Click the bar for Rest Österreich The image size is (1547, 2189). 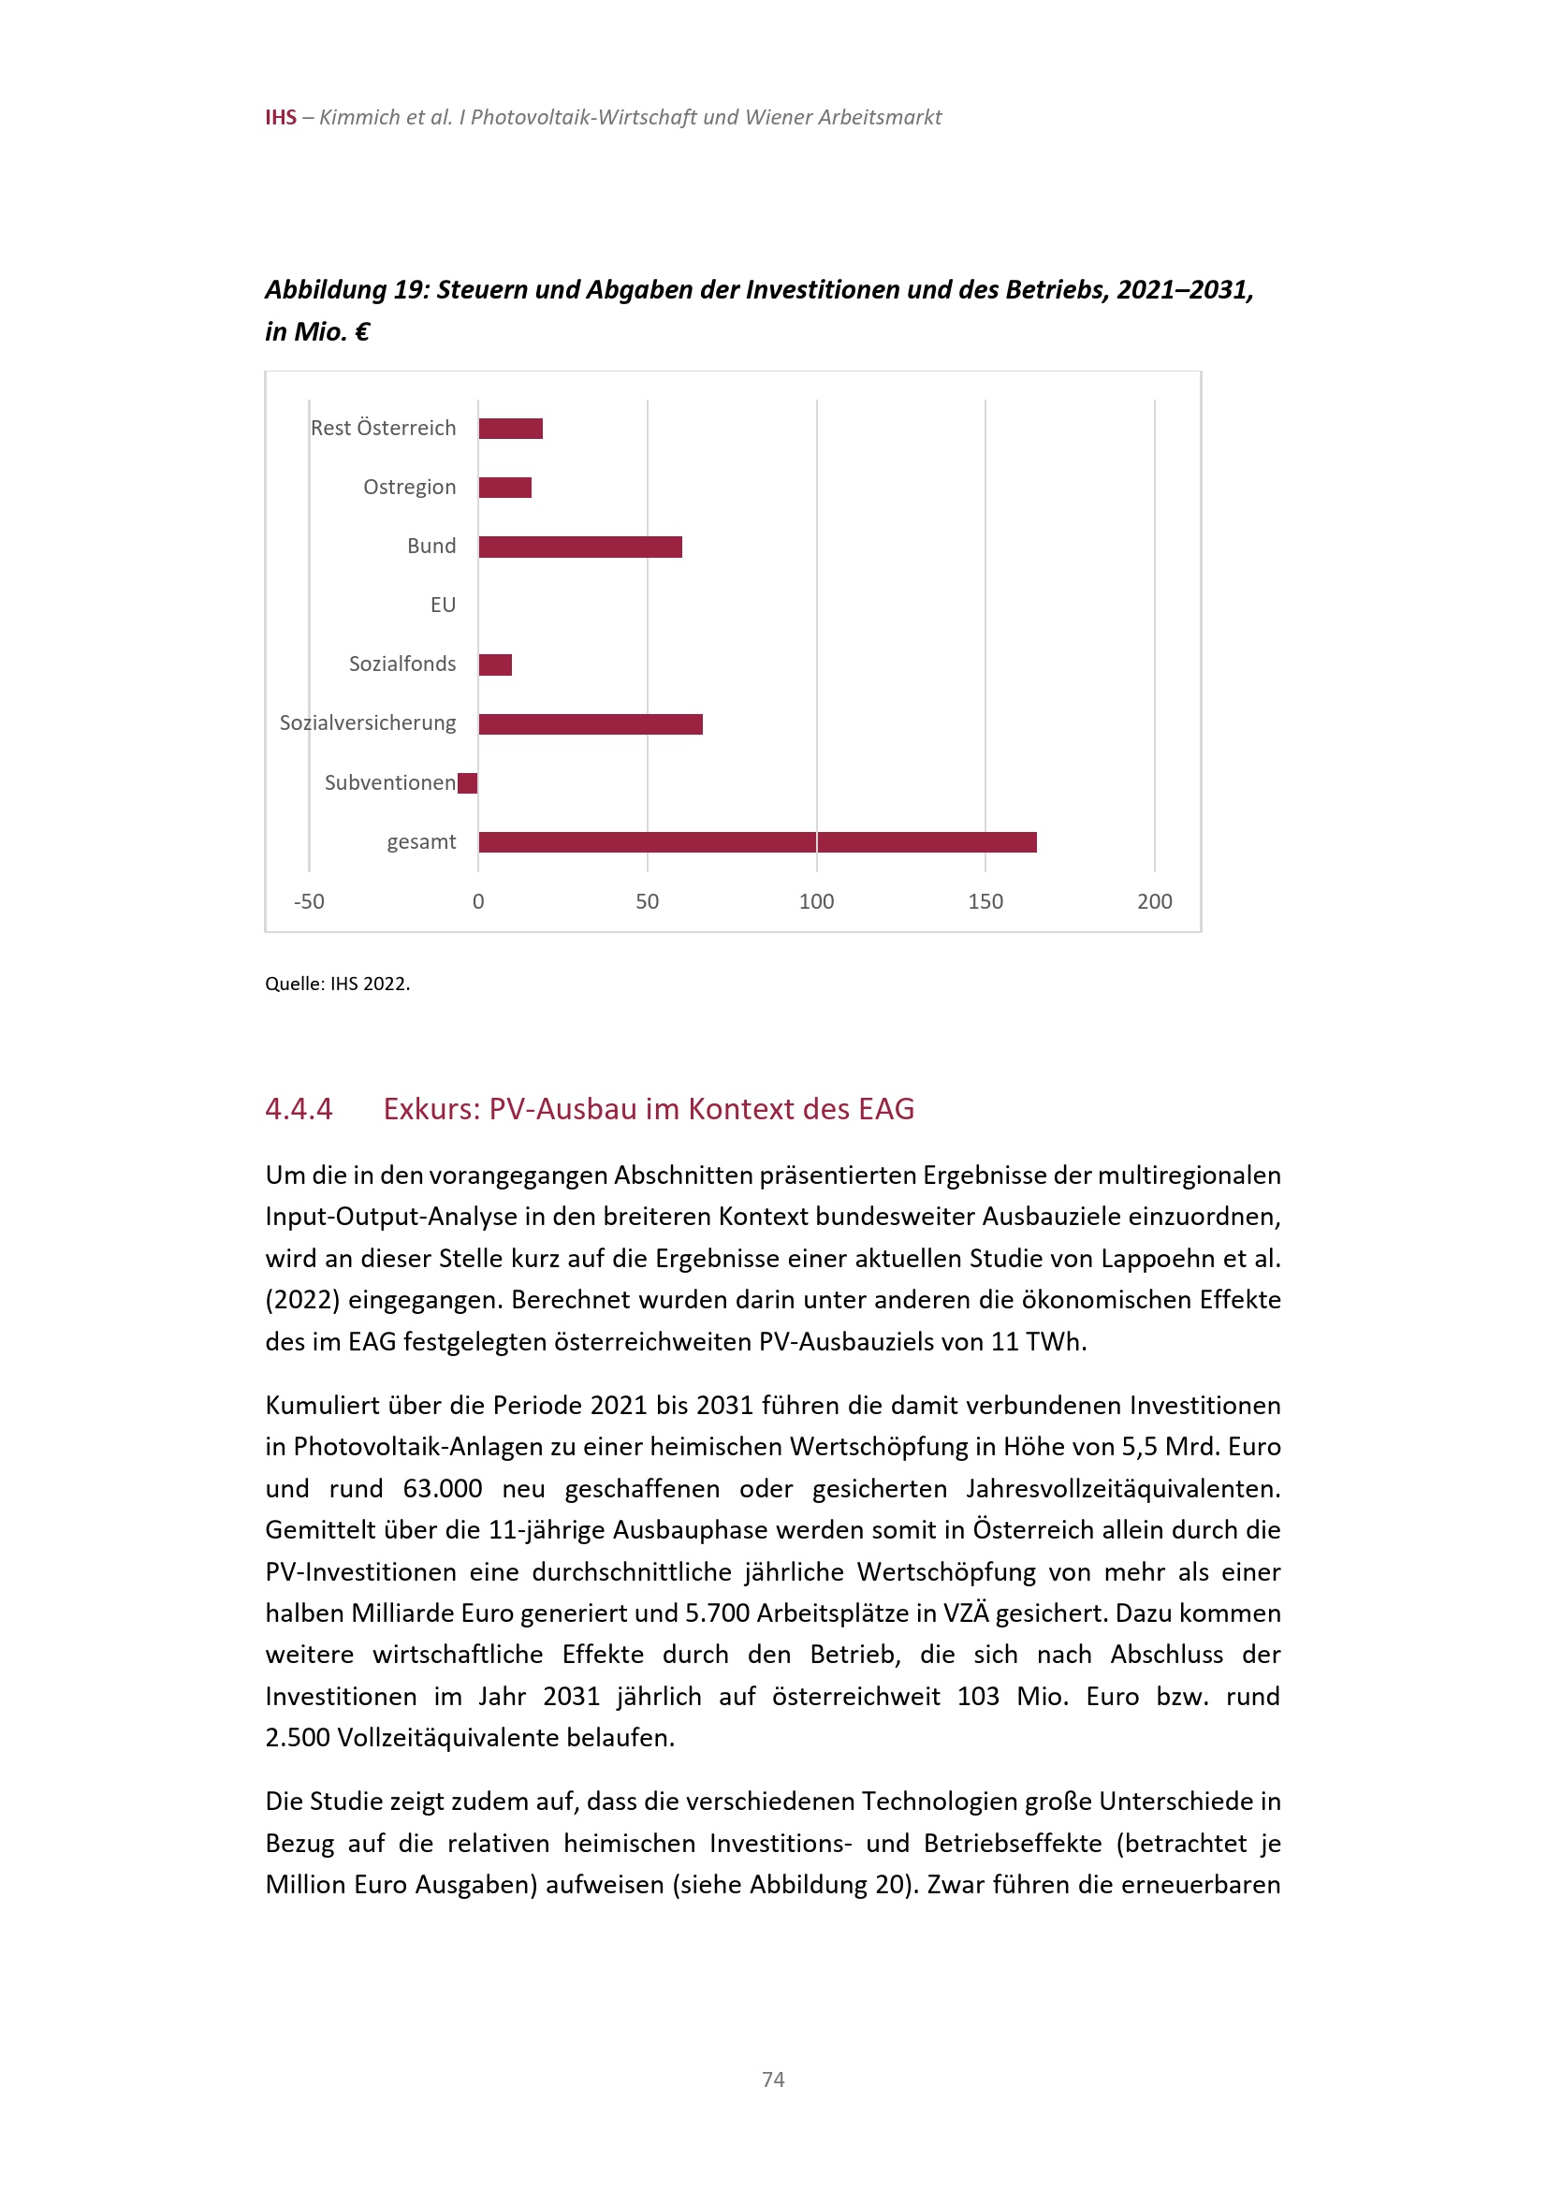point(510,429)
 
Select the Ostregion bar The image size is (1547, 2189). point(504,489)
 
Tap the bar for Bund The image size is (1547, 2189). point(579,547)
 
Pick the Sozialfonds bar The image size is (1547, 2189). point(495,664)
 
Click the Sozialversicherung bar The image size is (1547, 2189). point(590,724)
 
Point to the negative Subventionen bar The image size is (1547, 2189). point(467,783)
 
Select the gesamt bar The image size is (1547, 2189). point(757,843)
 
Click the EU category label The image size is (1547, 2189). point(443,606)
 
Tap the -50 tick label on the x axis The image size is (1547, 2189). point(309,902)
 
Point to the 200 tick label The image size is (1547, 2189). point(1154,902)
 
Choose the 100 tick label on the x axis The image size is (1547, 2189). point(816,902)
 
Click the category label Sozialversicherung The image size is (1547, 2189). point(367,723)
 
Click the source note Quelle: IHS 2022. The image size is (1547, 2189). point(338,984)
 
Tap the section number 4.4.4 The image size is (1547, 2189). point(299,1110)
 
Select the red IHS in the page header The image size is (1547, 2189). point(280,117)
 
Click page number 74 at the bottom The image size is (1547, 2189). point(773,2080)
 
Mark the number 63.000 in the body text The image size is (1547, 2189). point(443,1489)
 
